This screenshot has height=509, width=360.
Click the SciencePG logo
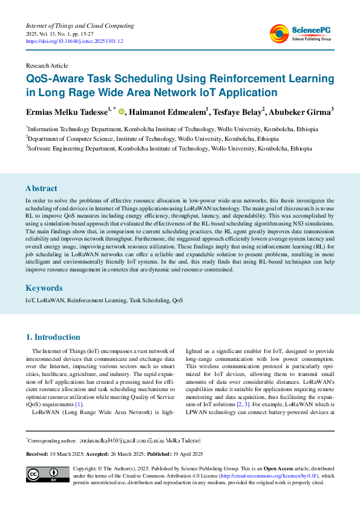301,33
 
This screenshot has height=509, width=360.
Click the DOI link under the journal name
74,42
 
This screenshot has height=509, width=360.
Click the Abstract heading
41,188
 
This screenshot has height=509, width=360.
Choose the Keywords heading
44,288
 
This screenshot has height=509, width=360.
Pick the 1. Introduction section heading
53,337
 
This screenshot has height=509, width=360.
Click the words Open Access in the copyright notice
281,468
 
